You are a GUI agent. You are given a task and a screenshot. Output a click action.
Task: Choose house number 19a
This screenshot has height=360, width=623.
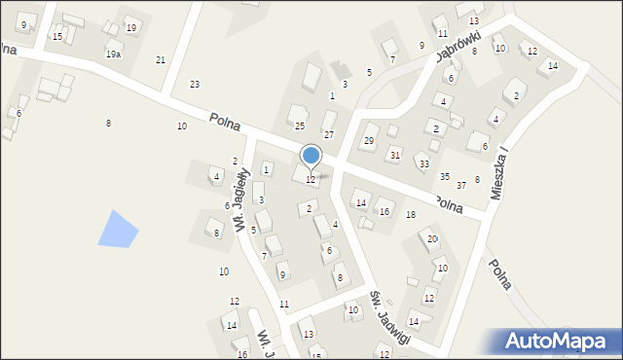coord(114,54)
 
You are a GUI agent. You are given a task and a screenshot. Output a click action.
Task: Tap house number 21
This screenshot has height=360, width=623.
coord(161,60)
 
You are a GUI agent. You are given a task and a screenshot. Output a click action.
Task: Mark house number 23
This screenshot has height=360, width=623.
coord(195,85)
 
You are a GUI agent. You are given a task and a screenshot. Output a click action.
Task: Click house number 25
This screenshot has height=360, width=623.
coord(300,126)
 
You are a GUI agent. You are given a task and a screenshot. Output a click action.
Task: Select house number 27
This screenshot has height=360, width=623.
coord(329,134)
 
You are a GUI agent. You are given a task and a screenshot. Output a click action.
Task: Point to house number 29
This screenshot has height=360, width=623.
coord(369,141)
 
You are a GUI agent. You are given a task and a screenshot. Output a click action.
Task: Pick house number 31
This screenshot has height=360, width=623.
coord(394,155)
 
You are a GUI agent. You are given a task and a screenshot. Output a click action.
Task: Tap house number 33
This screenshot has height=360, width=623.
coord(423,163)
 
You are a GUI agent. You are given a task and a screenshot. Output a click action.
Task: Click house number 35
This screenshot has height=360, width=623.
coord(445,176)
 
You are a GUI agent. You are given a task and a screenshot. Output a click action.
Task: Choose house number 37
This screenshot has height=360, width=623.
coord(461,184)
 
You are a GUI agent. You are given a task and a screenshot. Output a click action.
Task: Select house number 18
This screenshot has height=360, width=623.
coord(410,214)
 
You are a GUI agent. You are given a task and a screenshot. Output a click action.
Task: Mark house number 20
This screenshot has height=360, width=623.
coord(432,238)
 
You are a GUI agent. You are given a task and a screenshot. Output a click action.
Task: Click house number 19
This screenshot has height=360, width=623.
coord(130,27)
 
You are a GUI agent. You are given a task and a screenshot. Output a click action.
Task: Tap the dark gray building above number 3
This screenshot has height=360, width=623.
coord(340,70)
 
